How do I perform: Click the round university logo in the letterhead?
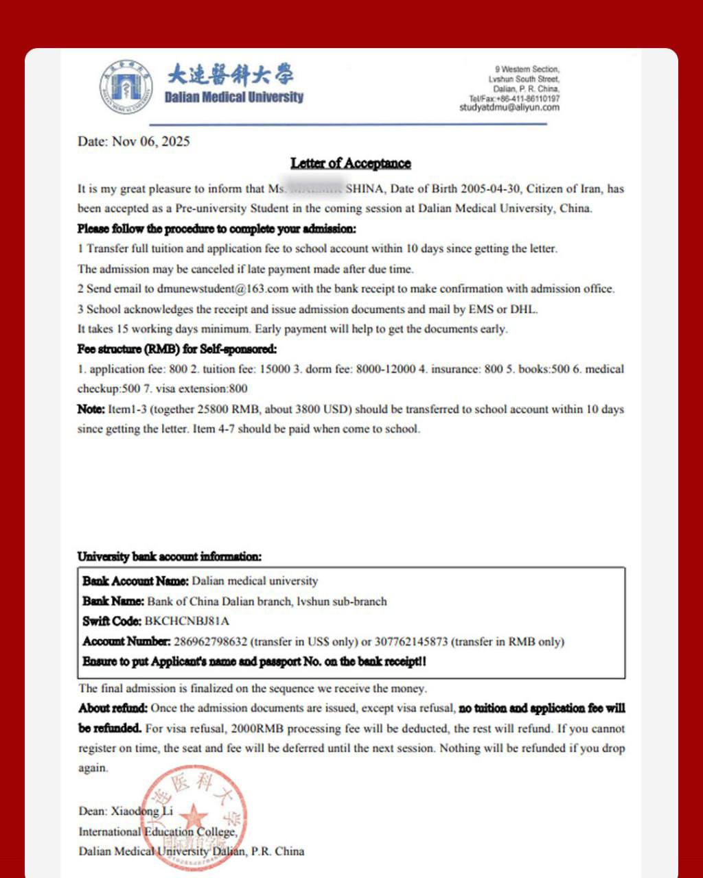pyautogui.click(x=126, y=87)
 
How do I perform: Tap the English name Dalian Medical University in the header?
pyautogui.click(x=233, y=97)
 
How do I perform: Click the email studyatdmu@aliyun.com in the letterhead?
pyautogui.click(x=509, y=108)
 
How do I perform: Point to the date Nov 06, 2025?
pyautogui.click(x=150, y=142)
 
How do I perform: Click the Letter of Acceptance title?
pyautogui.click(x=350, y=163)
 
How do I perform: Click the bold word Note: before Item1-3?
pyautogui.click(x=91, y=410)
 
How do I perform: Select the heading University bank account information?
pyautogui.click(x=169, y=556)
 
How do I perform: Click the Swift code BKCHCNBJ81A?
pyautogui.click(x=187, y=621)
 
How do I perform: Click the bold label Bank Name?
pyautogui.click(x=113, y=602)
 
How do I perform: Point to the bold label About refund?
pyautogui.click(x=113, y=708)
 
